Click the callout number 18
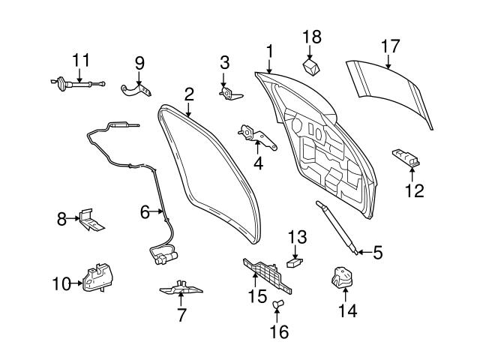click(311, 36)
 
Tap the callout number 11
click(79, 58)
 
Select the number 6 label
click(145, 212)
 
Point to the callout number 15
click(257, 296)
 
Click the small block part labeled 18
click(311, 67)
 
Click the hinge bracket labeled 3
click(229, 92)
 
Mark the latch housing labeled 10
click(97, 280)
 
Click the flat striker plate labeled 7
click(182, 288)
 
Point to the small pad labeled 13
click(295, 263)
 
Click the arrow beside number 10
click(76, 283)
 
